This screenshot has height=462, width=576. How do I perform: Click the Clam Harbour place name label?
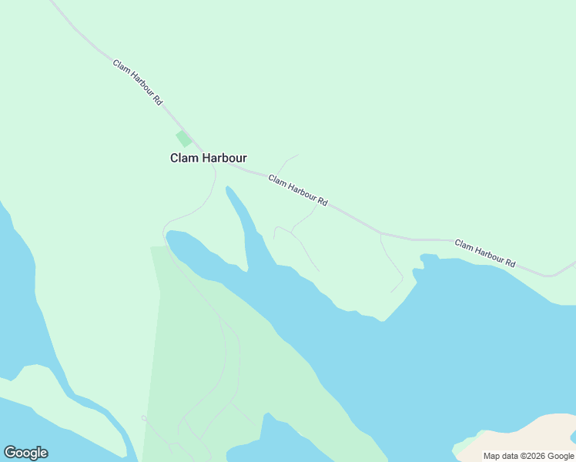[208, 158]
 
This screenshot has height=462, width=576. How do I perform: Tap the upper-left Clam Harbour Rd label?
[138, 82]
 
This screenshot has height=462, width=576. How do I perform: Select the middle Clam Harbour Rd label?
[298, 191]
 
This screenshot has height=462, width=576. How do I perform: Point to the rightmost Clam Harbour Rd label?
[484, 253]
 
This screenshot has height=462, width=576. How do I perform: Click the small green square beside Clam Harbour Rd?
[183, 139]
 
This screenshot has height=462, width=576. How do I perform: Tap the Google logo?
[25, 453]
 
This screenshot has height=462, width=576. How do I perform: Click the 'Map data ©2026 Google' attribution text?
[529, 456]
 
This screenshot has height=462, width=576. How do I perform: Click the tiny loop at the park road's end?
[144, 418]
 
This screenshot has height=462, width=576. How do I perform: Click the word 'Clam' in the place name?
[184, 158]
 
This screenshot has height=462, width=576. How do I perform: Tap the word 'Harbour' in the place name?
[224, 158]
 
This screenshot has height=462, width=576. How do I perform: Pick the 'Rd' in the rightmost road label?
[510, 263]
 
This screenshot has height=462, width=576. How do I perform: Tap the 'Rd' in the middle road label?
[323, 203]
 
